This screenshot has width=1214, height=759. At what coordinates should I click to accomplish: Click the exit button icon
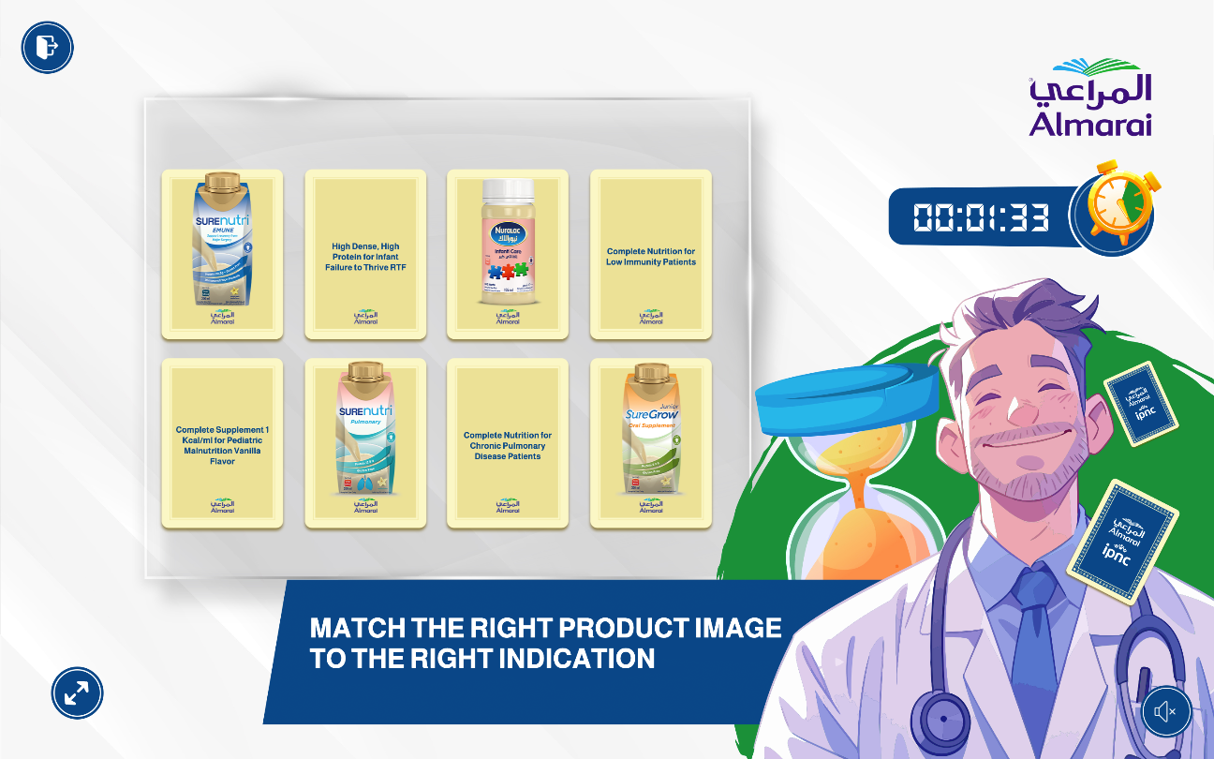[x=47, y=47]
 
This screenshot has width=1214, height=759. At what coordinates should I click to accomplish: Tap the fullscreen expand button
[x=77, y=693]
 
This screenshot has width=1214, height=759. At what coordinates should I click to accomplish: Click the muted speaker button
[x=1165, y=712]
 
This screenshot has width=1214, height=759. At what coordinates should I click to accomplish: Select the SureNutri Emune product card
[x=222, y=253]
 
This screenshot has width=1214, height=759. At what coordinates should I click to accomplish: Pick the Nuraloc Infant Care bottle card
[x=507, y=253]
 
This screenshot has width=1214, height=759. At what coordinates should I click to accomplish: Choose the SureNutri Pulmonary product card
[x=365, y=442]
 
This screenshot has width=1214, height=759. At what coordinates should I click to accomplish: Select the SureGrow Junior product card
[x=650, y=442]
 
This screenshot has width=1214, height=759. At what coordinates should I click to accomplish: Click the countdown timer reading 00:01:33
[x=980, y=216]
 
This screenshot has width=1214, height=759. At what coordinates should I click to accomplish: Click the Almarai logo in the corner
[x=1090, y=97]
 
